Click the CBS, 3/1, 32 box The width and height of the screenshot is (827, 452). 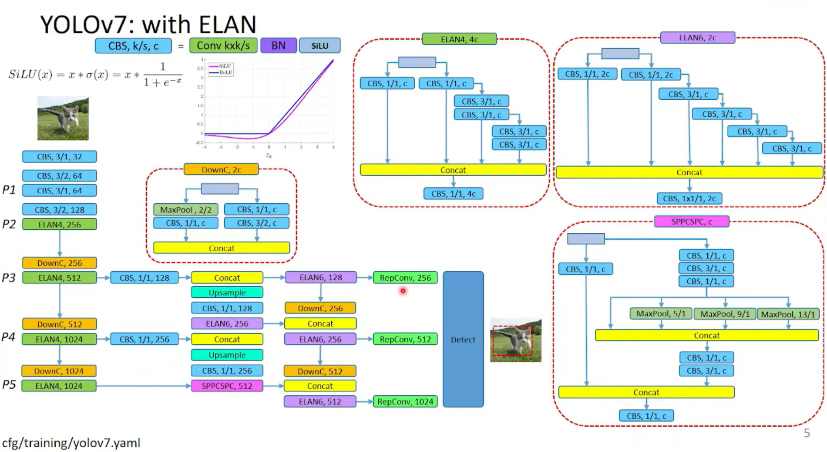pyautogui.click(x=59, y=156)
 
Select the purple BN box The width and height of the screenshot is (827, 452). pyautogui.click(x=278, y=46)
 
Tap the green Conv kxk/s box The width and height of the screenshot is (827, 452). pyautogui.click(x=223, y=46)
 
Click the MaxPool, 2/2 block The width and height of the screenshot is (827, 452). pyautogui.click(x=185, y=210)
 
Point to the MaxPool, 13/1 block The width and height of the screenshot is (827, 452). pyautogui.click(x=788, y=314)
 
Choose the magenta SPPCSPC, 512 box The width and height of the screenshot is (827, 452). pyautogui.click(x=227, y=386)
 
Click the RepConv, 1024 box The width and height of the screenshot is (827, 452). pyautogui.click(x=405, y=401)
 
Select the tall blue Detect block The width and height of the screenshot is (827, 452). pyautogui.click(x=463, y=339)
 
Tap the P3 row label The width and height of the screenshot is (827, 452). pyautogui.click(x=9, y=278)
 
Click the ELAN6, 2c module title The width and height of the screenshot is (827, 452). pyautogui.click(x=697, y=38)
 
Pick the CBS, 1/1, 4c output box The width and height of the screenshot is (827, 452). pyautogui.click(x=453, y=194)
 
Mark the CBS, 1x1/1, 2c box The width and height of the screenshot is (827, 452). pyautogui.click(x=689, y=198)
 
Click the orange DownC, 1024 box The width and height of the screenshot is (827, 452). pyautogui.click(x=59, y=371)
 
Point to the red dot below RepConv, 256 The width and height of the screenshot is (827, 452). pyautogui.click(x=403, y=290)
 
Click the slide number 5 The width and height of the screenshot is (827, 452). pyautogui.click(x=807, y=433)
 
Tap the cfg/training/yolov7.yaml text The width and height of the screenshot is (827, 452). pyautogui.click(x=71, y=443)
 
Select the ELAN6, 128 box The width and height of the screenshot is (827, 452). pyautogui.click(x=320, y=277)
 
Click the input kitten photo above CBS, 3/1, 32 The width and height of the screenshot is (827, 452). pyautogui.click(x=63, y=118)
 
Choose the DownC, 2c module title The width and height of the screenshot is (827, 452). pyautogui.click(x=221, y=170)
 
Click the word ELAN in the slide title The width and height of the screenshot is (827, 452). pyautogui.click(x=227, y=25)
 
